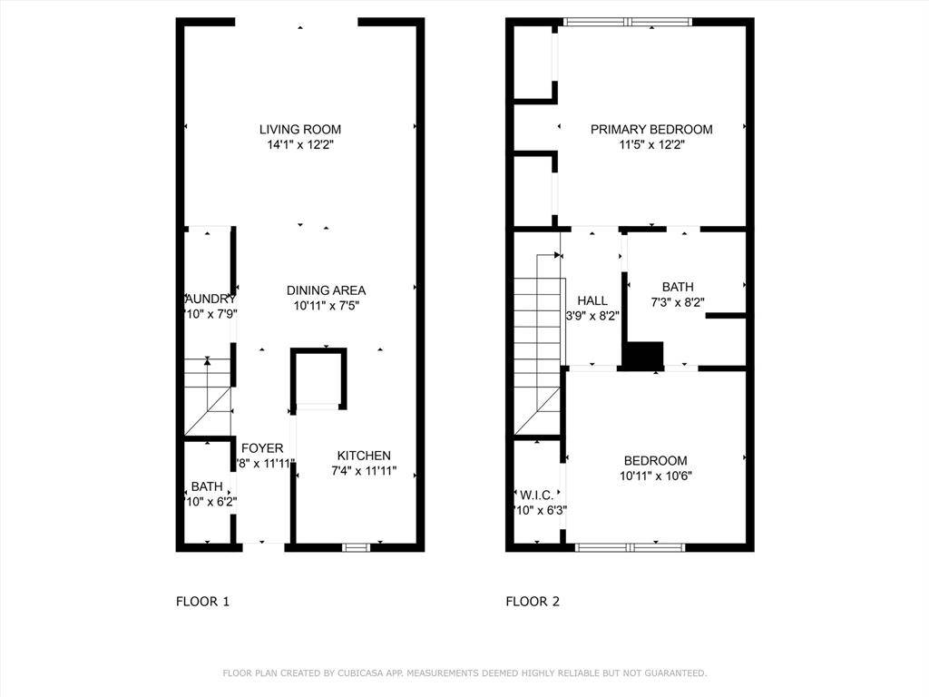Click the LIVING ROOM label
click(300, 130)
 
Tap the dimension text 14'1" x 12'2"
click(300, 144)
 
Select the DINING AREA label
click(326, 290)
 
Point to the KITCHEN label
click(364, 456)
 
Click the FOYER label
click(262, 448)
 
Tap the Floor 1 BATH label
click(207, 487)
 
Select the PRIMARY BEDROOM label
click(651, 130)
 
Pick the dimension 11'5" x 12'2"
click(651, 144)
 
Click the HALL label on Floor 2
click(592, 301)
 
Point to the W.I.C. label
click(536, 496)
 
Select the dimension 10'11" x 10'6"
click(654, 476)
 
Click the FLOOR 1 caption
click(202, 601)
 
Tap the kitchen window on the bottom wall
click(357, 547)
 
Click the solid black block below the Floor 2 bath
click(644, 355)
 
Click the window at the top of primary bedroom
click(627, 22)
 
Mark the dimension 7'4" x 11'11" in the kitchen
click(364, 471)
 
